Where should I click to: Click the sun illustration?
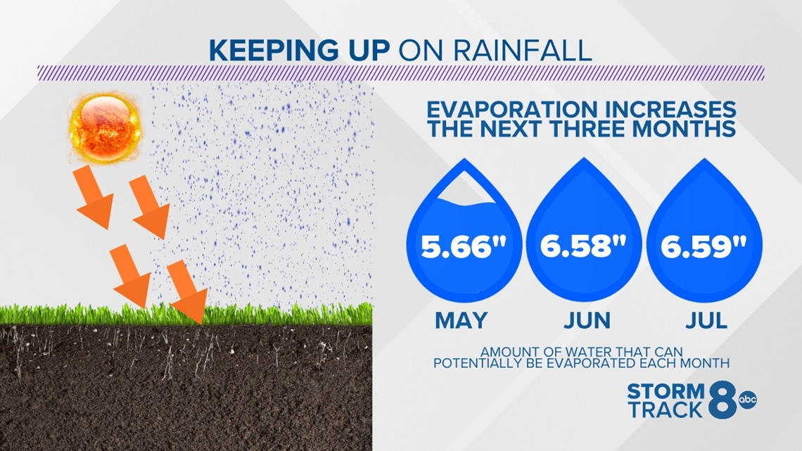pyautogui.click(x=105, y=127)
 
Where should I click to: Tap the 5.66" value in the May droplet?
pyautogui.click(x=464, y=247)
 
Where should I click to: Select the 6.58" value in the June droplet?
pyautogui.click(x=584, y=246)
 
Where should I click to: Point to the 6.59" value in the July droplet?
pyautogui.click(x=704, y=247)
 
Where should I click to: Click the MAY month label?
pyautogui.click(x=462, y=321)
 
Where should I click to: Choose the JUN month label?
pyautogui.click(x=587, y=321)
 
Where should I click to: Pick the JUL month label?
pyautogui.click(x=706, y=321)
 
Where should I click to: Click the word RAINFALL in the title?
pyautogui.click(x=523, y=51)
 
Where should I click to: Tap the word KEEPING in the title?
pyautogui.click(x=273, y=51)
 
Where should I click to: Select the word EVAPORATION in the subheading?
pyautogui.click(x=512, y=110)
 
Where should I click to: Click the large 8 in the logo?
pyautogui.click(x=723, y=400)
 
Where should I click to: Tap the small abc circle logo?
pyautogui.click(x=747, y=400)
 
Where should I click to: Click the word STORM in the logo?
pyautogui.click(x=666, y=392)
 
